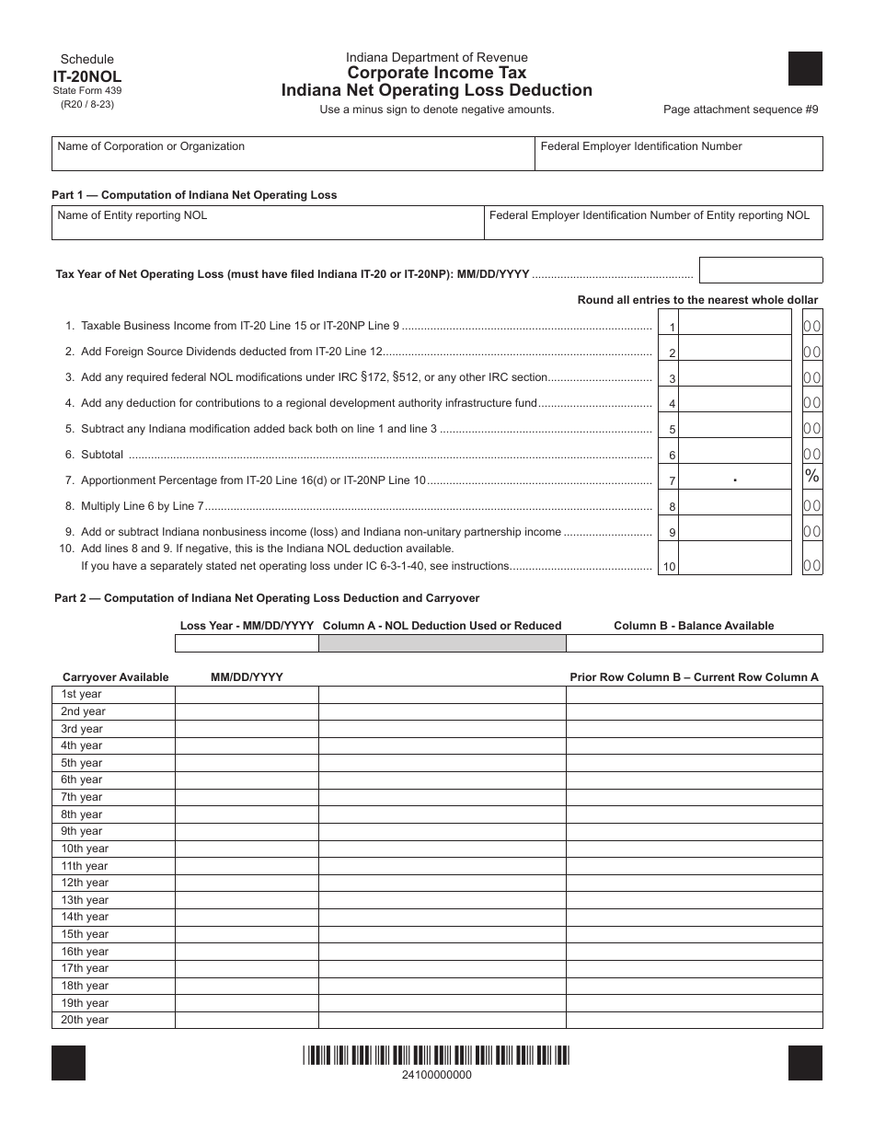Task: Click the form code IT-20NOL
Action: pyautogui.click(x=86, y=76)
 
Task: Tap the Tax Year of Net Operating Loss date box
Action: pyautogui.click(x=760, y=271)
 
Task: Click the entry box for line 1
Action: pyautogui.click(x=735, y=325)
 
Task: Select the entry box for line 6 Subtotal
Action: pyautogui.click(x=735, y=453)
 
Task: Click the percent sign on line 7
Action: pyautogui.click(x=811, y=476)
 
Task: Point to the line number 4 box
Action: pyautogui.click(x=671, y=403)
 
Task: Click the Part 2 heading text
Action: pyautogui.click(x=267, y=598)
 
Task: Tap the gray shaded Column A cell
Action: pyautogui.click(x=442, y=643)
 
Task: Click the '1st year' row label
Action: pyautogui.click(x=82, y=695)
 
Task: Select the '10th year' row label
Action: pyautogui.click(x=85, y=849)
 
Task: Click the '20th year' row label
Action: pyautogui.click(x=85, y=1020)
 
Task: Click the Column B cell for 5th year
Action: pyautogui.click(x=694, y=763)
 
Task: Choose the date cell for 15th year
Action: pyautogui.click(x=247, y=934)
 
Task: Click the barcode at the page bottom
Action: pyautogui.click(x=437, y=1056)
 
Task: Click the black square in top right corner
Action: pyautogui.click(x=805, y=69)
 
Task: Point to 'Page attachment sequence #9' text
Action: pyautogui.click(x=740, y=110)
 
